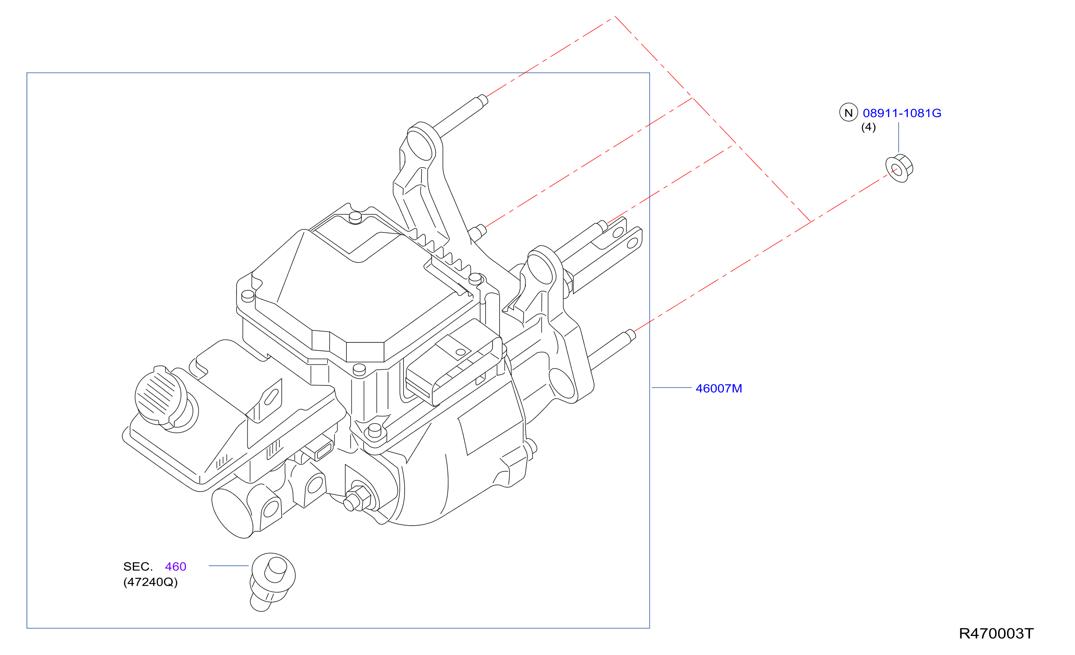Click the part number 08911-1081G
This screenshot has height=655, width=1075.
tap(902, 113)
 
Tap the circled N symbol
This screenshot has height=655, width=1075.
tap(848, 113)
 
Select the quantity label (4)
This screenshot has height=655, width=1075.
tap(868, 127)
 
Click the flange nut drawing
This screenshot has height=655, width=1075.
tap(899, 168)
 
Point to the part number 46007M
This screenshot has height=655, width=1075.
tap(719, 388)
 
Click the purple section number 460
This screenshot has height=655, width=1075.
tap(176, 566)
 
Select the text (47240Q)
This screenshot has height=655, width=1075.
tap(150, 582)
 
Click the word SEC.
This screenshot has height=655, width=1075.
tap(138, 566)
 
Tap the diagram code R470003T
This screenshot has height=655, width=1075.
tap(996, 633)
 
